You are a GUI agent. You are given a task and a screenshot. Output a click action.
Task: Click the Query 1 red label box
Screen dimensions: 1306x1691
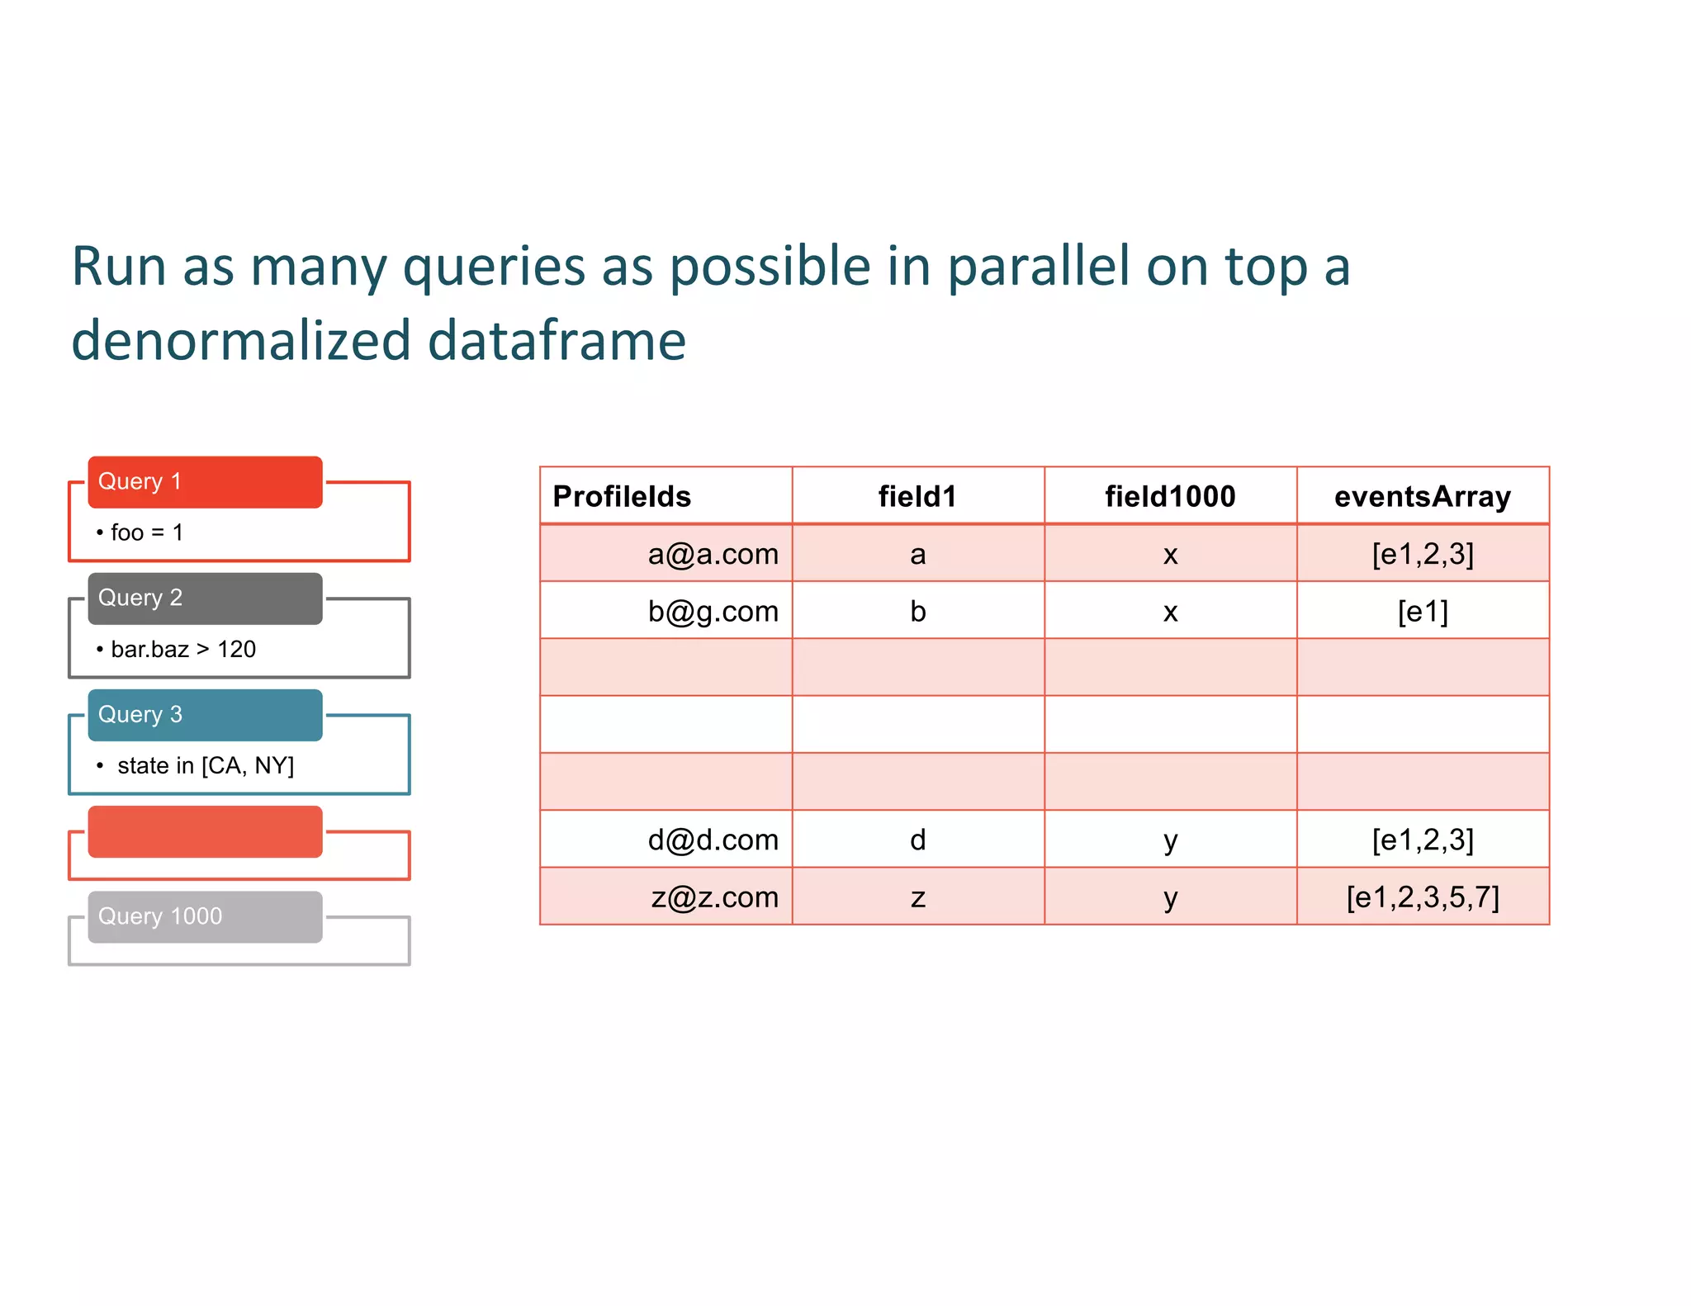(205, 481)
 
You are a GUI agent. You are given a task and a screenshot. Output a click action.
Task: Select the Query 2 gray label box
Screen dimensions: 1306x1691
(205, 598)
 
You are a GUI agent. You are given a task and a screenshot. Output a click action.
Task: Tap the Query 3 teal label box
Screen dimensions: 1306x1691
(205, 715)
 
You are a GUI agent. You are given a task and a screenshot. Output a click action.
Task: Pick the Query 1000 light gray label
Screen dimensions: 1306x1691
(205, 916)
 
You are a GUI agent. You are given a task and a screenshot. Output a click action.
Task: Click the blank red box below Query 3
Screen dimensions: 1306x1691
(205, 831)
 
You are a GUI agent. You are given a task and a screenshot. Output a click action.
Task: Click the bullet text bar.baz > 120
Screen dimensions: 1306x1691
(182, 650)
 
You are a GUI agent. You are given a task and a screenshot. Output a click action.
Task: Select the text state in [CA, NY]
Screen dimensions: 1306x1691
(205, 766)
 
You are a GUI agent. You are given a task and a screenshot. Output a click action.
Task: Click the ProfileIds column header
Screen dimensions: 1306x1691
(622, 496)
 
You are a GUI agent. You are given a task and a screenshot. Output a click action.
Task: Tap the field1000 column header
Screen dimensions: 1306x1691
(1170, 496)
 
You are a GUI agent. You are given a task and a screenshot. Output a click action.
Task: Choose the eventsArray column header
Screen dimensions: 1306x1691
(1422, 496)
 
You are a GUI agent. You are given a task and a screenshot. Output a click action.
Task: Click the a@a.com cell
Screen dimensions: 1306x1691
(713, 554)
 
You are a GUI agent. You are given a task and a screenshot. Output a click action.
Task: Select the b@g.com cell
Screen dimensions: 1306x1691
(713, 612)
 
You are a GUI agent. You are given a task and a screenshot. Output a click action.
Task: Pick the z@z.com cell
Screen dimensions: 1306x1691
(714, 897)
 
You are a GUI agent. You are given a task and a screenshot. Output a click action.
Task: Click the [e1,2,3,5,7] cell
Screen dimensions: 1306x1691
(1422, 897)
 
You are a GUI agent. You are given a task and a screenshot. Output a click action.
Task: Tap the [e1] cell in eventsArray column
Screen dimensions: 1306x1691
(1422, 612)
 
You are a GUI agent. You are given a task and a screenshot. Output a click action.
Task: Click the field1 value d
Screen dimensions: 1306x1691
(917, 840)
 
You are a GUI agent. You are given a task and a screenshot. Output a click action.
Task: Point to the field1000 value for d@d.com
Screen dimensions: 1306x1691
(1170, 840)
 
